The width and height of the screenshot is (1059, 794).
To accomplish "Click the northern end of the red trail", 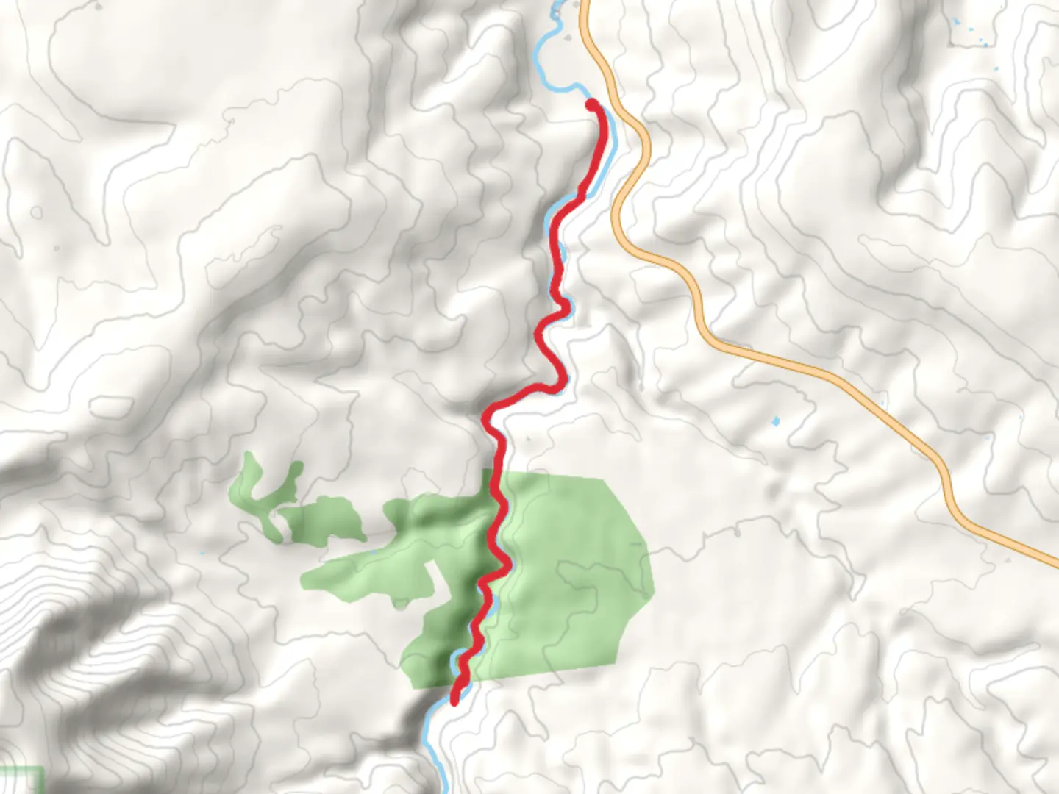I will (591, 106).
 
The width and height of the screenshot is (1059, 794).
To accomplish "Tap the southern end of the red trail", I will (455, 699).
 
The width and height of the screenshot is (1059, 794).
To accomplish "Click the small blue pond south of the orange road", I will (774, 422).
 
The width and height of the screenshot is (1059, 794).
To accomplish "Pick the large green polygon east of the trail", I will (574, 573).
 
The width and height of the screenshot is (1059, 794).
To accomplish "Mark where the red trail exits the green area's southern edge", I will (460, 684).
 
